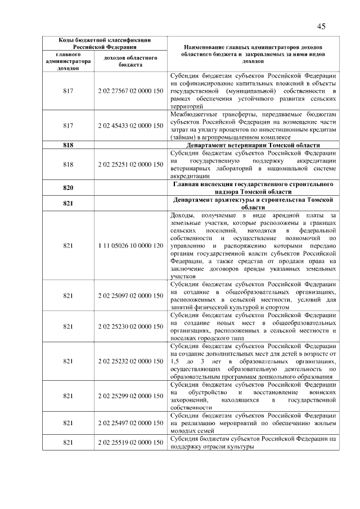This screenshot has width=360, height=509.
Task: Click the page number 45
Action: click(x=322, y=26)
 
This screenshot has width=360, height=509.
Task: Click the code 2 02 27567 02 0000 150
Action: click(x=130, y=91)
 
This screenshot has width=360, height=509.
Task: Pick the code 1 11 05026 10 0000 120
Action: click(x=130, y=246)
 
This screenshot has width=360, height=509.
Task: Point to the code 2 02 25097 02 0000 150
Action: click(x=130, y=295)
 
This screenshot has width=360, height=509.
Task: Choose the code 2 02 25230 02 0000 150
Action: click(x=130, y=326)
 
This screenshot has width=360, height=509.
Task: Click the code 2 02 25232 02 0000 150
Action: click(x=130, y=361)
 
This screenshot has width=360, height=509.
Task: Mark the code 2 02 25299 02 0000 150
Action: click(x=130, y=395)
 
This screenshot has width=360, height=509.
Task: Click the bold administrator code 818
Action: click(x=69, y=145)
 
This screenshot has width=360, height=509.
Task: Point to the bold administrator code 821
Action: click(x=69, y=203)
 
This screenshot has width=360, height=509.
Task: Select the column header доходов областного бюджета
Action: click(x=130, y=61)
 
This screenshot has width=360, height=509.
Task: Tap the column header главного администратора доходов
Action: click(x=69, y=61)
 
